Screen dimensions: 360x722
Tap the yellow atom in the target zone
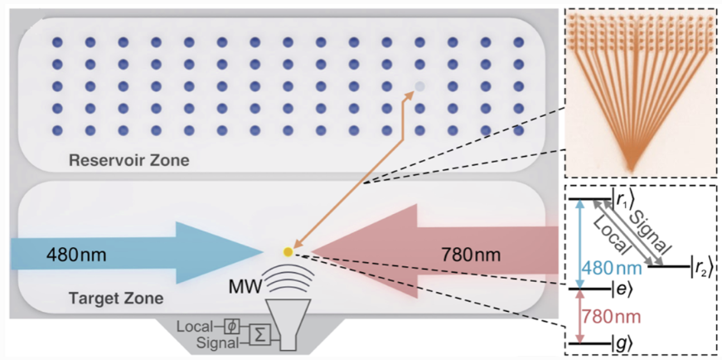[x=288, y=251]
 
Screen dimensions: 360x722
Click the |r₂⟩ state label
[x=702, y=266]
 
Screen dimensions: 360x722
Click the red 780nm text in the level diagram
[x=608, y=316]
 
